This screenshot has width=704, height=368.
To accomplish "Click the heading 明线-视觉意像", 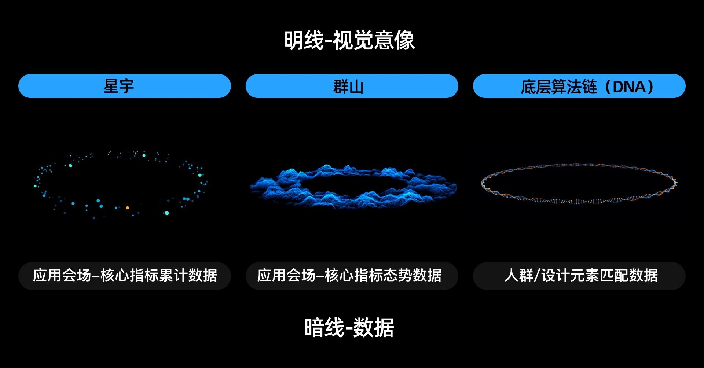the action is click(349, 40).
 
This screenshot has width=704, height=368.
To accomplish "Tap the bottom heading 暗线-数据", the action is click(349, 327).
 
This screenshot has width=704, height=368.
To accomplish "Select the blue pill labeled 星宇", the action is click(125, 86).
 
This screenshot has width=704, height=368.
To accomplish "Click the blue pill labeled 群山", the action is click(352, 86).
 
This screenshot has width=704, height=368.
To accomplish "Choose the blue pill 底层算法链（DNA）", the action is click(579, 86).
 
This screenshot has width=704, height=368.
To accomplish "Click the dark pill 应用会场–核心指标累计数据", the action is click(125, 276).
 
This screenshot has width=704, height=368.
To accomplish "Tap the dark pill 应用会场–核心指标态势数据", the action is click(352, 276).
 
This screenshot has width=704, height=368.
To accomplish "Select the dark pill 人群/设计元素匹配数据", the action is click(579, 276).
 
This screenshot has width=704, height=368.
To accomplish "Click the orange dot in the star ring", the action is click(128, 208).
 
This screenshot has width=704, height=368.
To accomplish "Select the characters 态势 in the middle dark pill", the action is click(398, 276).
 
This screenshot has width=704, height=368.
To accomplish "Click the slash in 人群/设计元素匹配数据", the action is click(538, 276).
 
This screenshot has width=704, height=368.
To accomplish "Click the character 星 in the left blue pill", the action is click(111, 87).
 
